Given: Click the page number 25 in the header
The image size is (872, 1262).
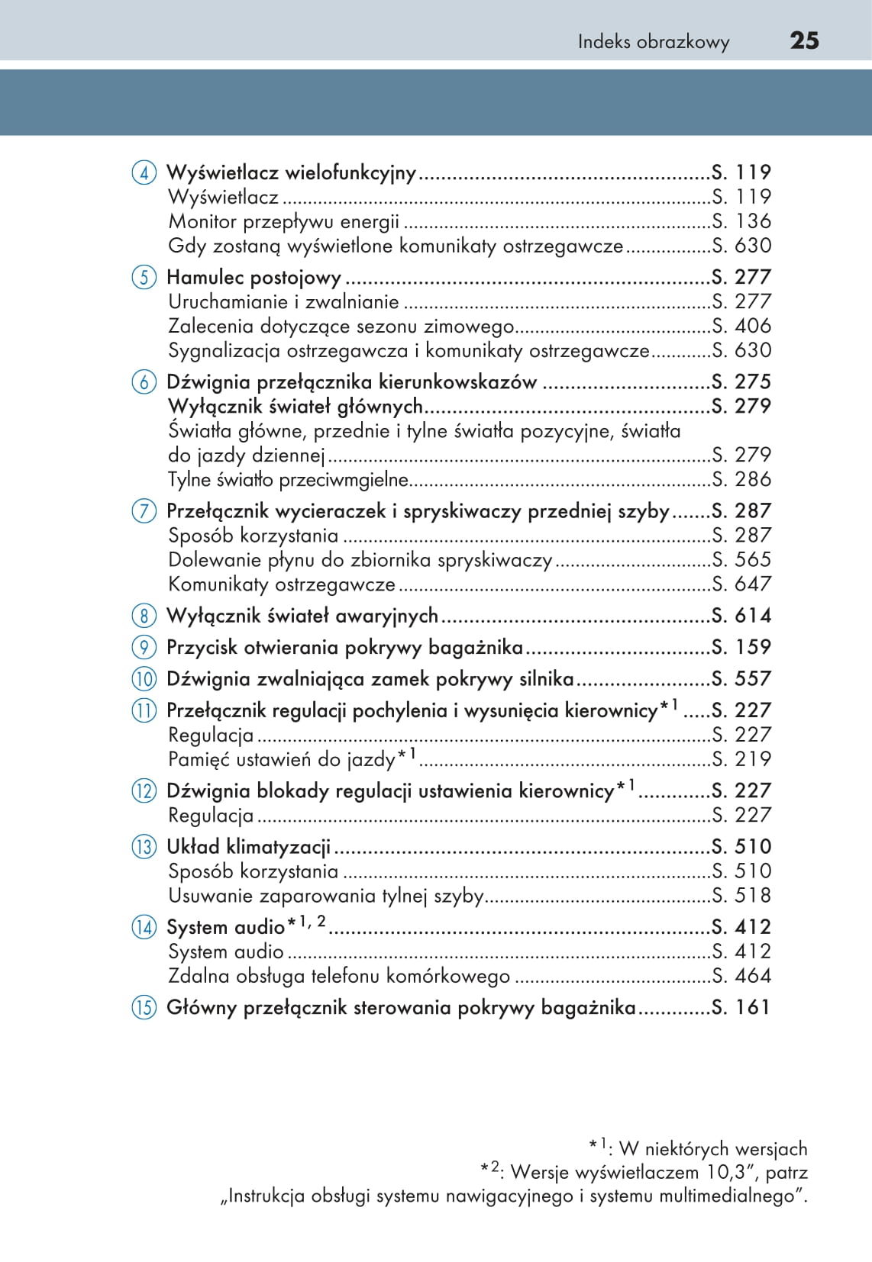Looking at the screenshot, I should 804,40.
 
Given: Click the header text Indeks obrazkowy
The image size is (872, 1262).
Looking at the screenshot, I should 653,42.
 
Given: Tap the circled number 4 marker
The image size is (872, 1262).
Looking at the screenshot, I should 144,173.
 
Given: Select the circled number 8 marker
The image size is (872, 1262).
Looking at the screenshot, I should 144,616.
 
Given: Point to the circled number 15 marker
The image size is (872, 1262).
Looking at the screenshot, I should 144,1008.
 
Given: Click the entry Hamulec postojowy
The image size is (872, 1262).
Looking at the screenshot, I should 254,277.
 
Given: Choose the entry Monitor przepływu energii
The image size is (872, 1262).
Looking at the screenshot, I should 283,222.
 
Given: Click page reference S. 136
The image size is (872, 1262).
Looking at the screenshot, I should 741,221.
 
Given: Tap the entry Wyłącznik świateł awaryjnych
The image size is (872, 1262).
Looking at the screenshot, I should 302,616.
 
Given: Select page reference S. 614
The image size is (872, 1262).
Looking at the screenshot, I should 741,616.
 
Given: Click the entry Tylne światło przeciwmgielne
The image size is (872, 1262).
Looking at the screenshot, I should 288,480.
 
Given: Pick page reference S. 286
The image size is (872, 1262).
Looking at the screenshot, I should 741,479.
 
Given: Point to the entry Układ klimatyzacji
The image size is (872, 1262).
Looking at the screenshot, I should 248,847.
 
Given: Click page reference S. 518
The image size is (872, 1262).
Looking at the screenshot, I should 741,895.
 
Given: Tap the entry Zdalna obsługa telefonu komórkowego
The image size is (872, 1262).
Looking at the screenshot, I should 339,976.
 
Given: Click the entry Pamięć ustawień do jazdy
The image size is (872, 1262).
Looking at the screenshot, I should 282,760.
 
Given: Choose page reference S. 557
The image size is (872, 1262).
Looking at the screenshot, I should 741,678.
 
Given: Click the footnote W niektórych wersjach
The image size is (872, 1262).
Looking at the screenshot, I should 712,1149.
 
